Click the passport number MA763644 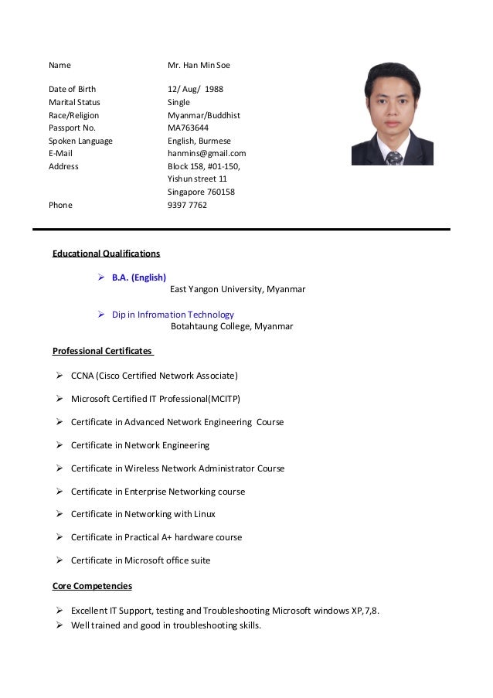(x=188, y=128)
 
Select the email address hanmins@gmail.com (x=206, y=153)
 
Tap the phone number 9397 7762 (x=187, y=205)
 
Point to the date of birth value (x=195, y=89)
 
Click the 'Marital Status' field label (x=74, y=102)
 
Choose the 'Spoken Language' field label (x=80, y=141)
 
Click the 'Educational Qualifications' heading (x=106, y=253)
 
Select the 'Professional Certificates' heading (x=102, y=351)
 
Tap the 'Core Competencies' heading (x=92, y=586)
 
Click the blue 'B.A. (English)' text (x=139, y=277)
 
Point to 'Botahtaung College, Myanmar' (x=232, y=326)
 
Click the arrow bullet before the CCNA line (x=59, y=376)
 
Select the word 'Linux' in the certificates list (x=204, y=514)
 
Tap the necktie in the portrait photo (x=394, y=158)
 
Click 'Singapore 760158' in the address (x=201, y=192)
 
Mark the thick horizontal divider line (x=241, y=230)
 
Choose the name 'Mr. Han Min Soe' (x=199, y=65)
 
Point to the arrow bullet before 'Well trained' (x=59, y=625)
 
